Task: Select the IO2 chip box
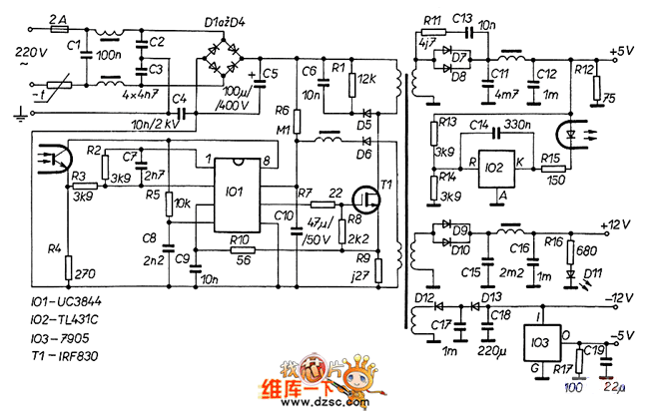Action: pyautogui.click(x=494, y=165)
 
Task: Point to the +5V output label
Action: pyautogui.click(x=621, y=49)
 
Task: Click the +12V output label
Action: pyautogui.click(x=618, y=223)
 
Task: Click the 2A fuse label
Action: pyautogui.click(x=58, y=19)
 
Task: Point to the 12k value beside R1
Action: pyautogui.click(x=365, y=78)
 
